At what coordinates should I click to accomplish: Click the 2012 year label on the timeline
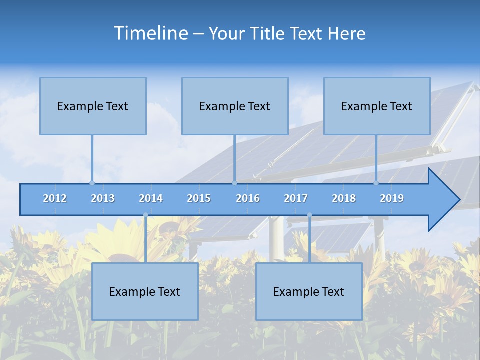(x=55, y=199)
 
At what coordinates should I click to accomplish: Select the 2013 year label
(x=103, y=199)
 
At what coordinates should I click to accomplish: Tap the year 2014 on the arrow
(x=151, y=199)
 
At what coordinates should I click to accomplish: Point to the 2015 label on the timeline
(x=199, y=199)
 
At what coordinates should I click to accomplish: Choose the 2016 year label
(x=248, y=199)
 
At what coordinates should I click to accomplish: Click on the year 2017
(x=296, y=199)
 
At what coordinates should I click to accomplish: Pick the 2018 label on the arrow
(x=344, y=199)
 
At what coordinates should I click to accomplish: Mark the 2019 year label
(x=392, y=199)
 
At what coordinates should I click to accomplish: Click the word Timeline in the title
(x=150, y=33)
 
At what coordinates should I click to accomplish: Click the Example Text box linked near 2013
(x=93, y=106)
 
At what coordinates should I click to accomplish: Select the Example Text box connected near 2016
(x=235, y=106)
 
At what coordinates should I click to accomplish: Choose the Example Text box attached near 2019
(x=377, y=106)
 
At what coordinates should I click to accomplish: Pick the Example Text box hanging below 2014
(x=145, y=291)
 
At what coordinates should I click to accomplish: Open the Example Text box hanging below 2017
(x=309, y=291)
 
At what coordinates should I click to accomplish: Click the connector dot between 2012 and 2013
(x=92, y=183)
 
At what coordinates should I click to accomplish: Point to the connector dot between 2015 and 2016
(x=234, y=183)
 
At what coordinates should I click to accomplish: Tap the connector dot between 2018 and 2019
(x=376, y=183)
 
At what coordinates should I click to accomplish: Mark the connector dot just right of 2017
(x=309, y=215)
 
